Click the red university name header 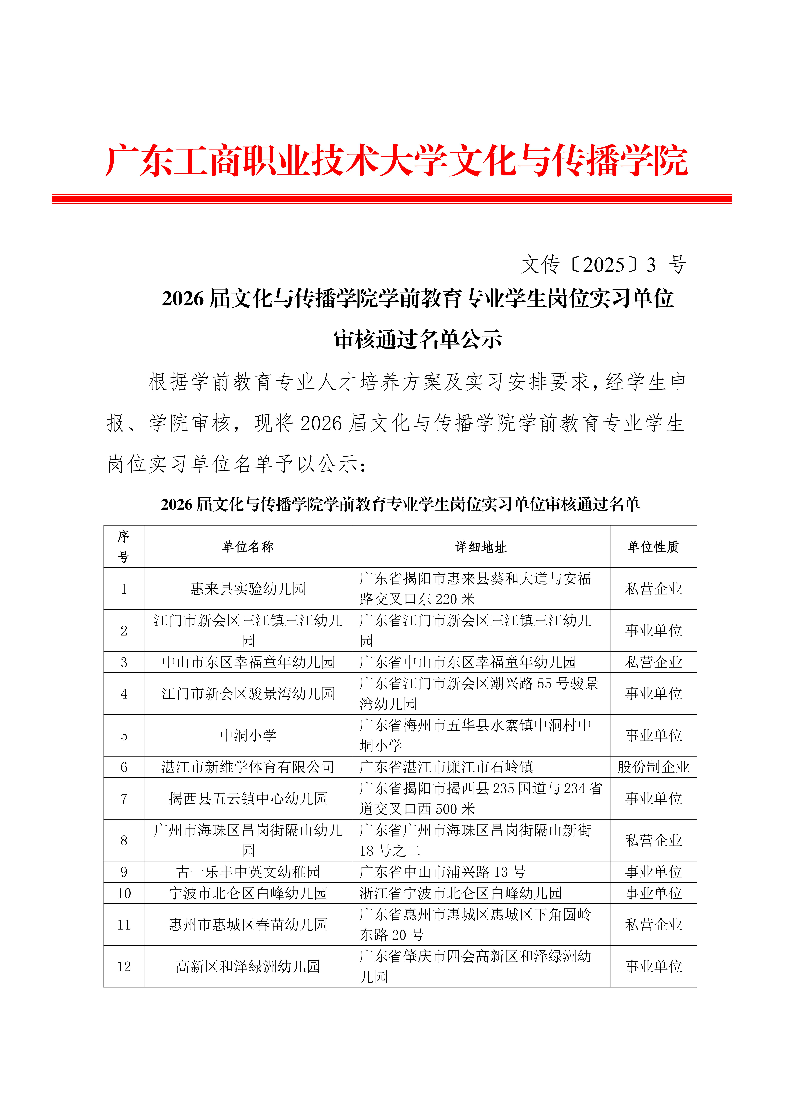point(396,161)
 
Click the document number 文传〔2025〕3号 point(603,265)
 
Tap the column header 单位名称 point(248,547)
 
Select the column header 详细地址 point(481,547)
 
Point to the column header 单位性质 point(653,547)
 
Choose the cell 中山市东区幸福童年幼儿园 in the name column point(248,662)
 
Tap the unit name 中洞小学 point(248,736)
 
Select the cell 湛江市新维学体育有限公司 point(248,767)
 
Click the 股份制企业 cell point(653,767)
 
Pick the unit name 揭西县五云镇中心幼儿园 point(248,798)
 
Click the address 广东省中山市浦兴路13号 point(442,872)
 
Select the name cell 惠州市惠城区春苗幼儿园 point(248,925)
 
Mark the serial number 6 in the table point(124,767)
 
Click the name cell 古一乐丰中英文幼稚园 point(248,872)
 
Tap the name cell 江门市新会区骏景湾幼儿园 point(248,693)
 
